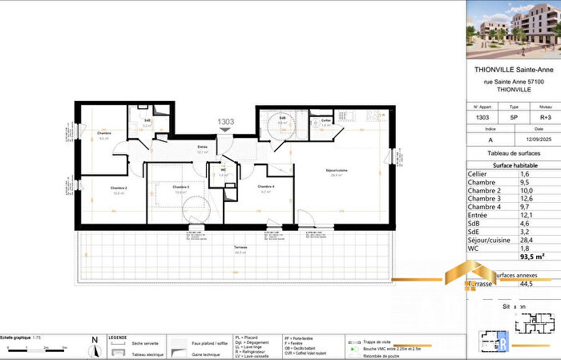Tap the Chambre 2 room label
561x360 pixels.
(x=119, y=187)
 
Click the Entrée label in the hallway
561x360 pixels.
(x=203, y=147)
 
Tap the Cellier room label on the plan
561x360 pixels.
(x=326, y=121)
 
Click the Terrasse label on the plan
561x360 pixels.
(x=240, y=249)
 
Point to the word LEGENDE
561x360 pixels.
(x=118, y=338)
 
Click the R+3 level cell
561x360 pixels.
(x=545, y=118)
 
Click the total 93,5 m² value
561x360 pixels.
(x=529, y=256)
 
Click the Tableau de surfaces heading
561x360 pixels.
(x=513, y=152)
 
